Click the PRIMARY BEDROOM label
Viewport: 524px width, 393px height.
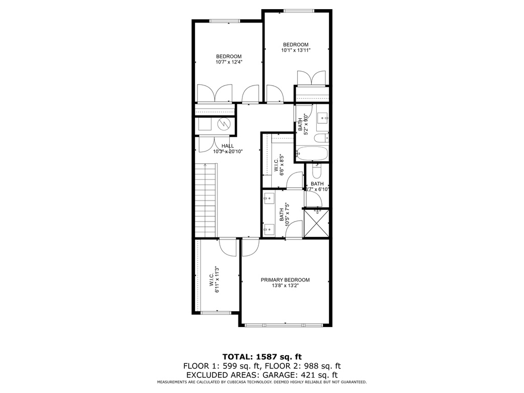(x=285, y=280)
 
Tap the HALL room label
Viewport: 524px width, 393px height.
(x=228, y=146)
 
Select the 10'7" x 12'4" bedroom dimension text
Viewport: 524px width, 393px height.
(x=229, y=62)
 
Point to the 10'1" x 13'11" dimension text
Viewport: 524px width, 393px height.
(x=296, y=50)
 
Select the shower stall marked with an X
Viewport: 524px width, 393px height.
(x=317, y=224)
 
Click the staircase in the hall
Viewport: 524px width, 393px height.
(x=206, y=200)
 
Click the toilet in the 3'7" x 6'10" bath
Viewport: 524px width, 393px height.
(x=316, y=171)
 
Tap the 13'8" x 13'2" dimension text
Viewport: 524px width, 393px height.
(x=285, y=286)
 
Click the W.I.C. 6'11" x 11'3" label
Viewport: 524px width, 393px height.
(x=214, y=280)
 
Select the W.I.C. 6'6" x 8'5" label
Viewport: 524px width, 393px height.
(x=279, y=165)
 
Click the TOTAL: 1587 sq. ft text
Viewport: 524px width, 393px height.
(x=262, y=357)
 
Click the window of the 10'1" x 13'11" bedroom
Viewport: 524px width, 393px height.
(x=299, y=11)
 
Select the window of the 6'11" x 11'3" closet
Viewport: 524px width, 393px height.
(x=216, y=313)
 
